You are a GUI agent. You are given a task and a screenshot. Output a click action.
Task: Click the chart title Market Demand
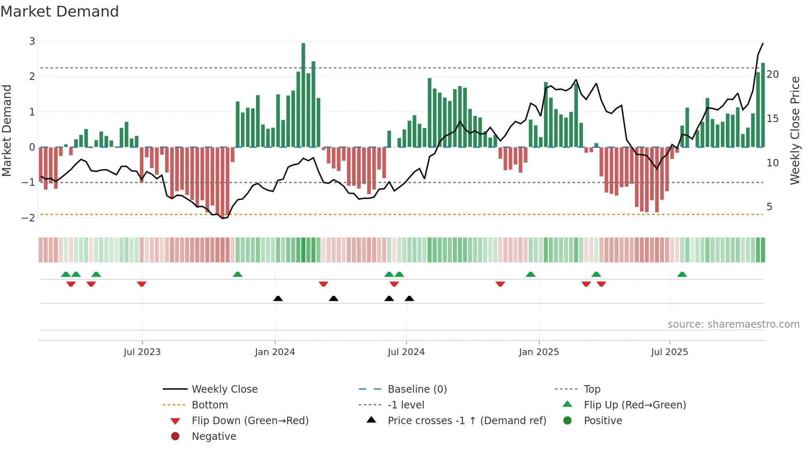60,11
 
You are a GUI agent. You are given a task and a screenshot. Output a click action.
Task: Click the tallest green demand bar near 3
303,95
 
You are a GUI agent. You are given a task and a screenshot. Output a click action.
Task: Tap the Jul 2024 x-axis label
406,352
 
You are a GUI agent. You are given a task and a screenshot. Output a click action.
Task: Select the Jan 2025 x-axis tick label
539,352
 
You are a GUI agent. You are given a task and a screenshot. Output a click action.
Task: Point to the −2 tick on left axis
29,218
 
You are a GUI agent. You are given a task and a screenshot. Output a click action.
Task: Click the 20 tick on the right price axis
772,74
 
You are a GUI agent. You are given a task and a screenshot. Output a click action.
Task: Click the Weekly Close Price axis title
795,130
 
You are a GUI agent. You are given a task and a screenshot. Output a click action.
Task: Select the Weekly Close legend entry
224,389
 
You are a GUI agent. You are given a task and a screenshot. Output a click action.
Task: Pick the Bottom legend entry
210,405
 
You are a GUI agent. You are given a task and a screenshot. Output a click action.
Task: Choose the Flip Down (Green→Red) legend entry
250,421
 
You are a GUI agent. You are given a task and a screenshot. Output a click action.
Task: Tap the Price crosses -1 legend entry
466,421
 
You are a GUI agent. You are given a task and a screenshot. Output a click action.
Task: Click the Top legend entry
592,389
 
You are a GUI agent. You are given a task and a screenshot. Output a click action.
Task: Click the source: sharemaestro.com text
733,324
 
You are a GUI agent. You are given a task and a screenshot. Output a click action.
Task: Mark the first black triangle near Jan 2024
278,299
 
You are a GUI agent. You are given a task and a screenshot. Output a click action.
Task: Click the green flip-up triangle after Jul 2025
682,274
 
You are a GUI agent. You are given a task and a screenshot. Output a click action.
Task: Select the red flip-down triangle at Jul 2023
142,284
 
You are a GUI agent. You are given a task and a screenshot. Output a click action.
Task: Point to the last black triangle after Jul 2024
409,299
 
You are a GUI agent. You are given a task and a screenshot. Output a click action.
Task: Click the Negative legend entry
214,437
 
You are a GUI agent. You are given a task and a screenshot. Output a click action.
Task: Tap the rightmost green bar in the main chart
763,106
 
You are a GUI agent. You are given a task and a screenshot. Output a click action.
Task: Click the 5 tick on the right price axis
769,207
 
